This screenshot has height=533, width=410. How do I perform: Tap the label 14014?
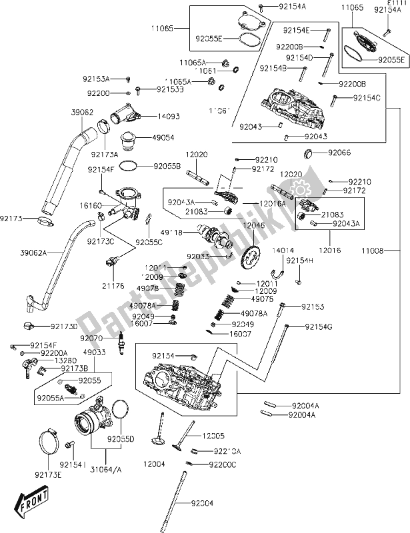(282, 251)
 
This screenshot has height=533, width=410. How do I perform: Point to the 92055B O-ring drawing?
(132, 165)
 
